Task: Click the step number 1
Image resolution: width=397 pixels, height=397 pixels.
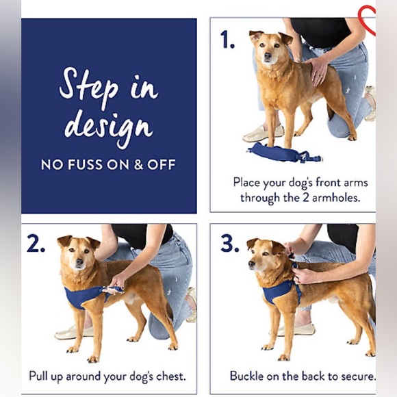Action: pyautogui.click(x=227, y=39)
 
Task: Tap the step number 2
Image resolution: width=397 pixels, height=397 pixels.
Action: pyautogui.click(x=36, y=243)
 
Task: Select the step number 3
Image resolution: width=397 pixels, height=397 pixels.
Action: pyautogui.click(x=229, y=243)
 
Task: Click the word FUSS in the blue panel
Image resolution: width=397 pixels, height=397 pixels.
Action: pyautogui.click(x=85, y=164)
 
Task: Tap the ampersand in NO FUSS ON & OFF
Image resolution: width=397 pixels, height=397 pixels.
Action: pyautogui.click(x=138, y=164)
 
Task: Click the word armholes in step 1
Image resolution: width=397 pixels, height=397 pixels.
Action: pyautogui.click(x=335, y=198)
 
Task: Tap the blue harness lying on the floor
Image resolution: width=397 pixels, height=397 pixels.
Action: pyautogui.click(x=285, y=153)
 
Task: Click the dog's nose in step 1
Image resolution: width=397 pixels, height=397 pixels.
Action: pyautogui.click(x=268, y=55)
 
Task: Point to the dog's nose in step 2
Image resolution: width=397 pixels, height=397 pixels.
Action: pyautogui.click(x=80, y=261)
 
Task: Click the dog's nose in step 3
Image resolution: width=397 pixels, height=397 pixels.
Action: pyautogui.click(x=252, y=264)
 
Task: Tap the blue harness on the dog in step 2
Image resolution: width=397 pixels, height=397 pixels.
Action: pyautogui.click(x=88, y=296)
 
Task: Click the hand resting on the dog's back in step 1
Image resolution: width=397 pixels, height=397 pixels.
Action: pyautogui.click(x=317, y=71)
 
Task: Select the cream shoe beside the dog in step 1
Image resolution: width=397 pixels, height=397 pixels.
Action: pyautogui.click(x=264, y=133)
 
